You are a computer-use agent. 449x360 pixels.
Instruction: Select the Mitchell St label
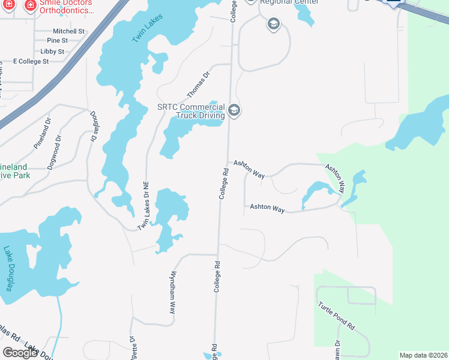click(68, 31)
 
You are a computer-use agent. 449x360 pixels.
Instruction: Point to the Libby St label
click(52, 52)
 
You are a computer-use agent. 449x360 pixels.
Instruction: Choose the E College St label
click(31, 62)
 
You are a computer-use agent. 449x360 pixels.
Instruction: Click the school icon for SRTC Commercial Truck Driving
click(234, 110)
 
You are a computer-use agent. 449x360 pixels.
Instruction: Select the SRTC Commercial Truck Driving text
click(191, 112)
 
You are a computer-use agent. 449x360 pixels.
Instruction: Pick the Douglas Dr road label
click(94, 126)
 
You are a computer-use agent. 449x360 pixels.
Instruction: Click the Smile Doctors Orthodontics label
click(67, 7)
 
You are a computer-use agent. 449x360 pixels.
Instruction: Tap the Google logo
click(20, 353)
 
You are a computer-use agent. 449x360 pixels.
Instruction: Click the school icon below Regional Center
click(273, 24)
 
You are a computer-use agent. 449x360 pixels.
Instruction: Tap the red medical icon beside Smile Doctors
click(29, 5)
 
